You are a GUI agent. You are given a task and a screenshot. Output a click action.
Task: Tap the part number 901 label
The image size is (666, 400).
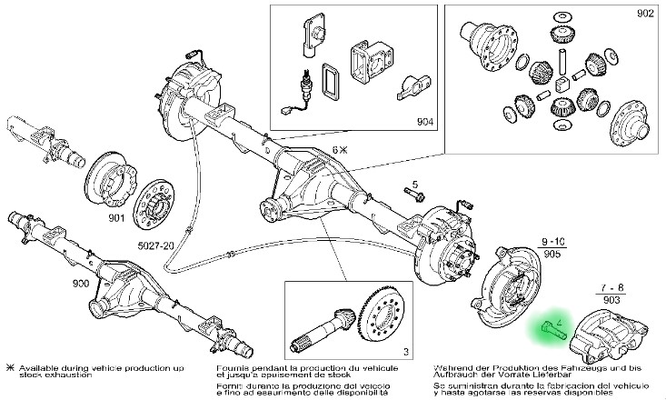click(x=116, y=218)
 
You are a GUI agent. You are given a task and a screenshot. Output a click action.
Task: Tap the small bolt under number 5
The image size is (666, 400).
click(x=413, y=195)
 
